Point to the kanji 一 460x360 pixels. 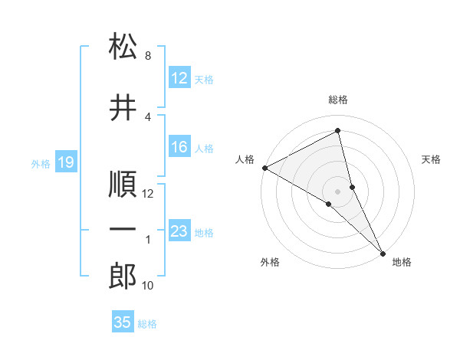coord(123,230)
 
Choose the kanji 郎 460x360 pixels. coord(123,277)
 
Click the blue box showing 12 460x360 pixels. coord(179,79)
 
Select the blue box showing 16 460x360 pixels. coord(179,148)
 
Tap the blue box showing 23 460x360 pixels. coord(179,231)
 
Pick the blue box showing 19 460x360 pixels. coord(65,162)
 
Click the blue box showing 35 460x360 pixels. coord(123,322)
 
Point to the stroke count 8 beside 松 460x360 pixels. coord(148,56)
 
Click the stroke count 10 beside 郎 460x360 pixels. coord(148,286)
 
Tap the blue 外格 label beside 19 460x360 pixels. coord(41,163)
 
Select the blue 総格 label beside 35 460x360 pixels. coord(147,323)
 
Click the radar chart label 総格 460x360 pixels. coord(338,100)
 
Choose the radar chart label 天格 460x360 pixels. coord(431,159)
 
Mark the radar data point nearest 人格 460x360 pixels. coord(264,168)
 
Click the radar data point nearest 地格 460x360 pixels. coord(381,252)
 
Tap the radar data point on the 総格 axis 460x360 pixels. coord(338,131)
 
